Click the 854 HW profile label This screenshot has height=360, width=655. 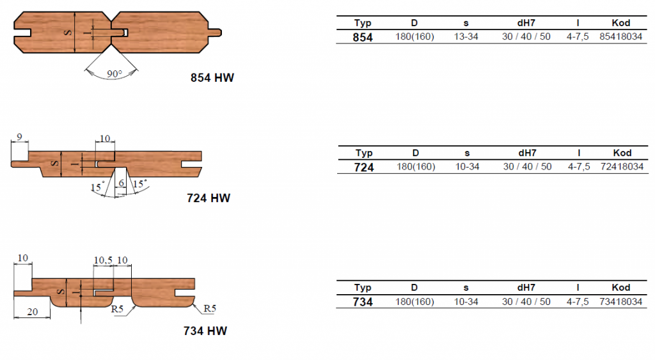212,77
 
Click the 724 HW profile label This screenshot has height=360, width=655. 209,198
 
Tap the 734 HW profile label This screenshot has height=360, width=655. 205,331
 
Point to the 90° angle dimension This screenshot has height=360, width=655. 114,74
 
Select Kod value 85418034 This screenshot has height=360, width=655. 620,36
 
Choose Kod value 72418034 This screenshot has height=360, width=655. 622,167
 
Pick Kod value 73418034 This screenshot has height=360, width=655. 620,302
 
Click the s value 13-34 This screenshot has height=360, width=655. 466,36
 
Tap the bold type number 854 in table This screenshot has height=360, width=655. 363,38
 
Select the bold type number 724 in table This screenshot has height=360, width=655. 364,168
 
